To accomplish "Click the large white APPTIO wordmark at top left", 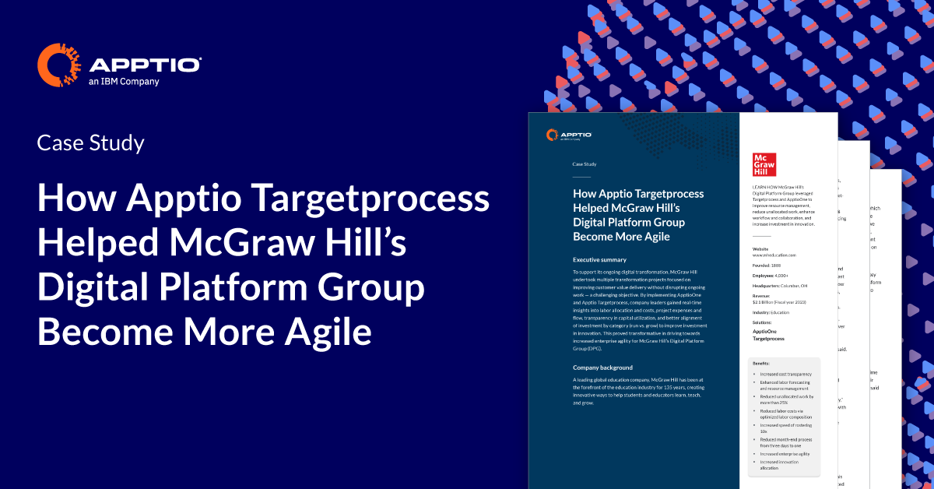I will [146, 64].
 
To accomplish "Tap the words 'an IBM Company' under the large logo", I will [125, 81].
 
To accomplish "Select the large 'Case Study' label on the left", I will [90, 142].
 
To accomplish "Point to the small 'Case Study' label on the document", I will [584, 164].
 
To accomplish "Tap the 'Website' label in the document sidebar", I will [761, 249].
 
